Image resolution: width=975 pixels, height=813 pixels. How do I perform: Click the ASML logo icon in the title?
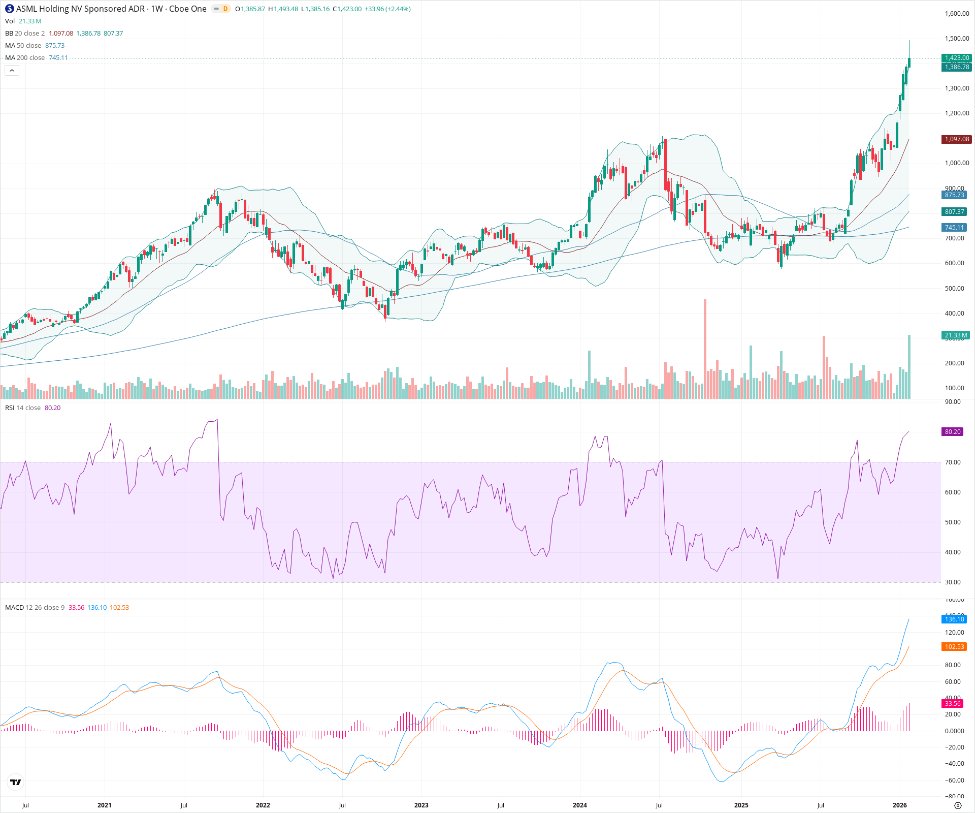point(10,9)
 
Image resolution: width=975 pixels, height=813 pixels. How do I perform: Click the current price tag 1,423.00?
point(956,58)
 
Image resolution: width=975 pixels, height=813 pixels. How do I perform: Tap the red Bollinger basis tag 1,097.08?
point(956,139)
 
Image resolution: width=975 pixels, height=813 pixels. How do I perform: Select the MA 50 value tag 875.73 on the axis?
point(954,195)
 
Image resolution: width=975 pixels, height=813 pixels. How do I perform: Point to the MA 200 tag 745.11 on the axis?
point(954,228)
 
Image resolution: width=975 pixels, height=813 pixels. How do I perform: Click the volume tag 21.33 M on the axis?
point(955,335)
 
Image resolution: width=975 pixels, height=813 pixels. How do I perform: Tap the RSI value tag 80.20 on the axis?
point(952,432)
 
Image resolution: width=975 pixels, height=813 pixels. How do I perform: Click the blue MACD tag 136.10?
point(954,619)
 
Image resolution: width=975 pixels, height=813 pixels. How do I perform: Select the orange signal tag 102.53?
point(954,647)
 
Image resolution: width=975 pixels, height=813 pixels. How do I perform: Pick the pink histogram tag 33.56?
point(952,703)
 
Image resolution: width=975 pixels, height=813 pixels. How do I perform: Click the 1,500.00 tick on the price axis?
point(957,39)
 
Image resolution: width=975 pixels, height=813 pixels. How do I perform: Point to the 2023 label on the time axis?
point(421,805)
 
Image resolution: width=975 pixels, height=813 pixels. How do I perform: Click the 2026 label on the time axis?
point(899,805)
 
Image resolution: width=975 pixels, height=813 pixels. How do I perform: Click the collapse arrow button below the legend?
point(12,71)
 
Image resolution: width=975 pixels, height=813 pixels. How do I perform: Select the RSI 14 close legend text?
point(23,408)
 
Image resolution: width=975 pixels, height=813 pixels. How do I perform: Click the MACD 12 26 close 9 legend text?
point(35,608)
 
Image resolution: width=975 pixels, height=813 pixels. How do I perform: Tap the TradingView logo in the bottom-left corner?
point(16,782)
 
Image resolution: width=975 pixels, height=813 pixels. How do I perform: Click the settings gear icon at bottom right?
point(958,805)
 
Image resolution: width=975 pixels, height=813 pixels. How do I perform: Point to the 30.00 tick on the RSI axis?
point(953,582)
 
